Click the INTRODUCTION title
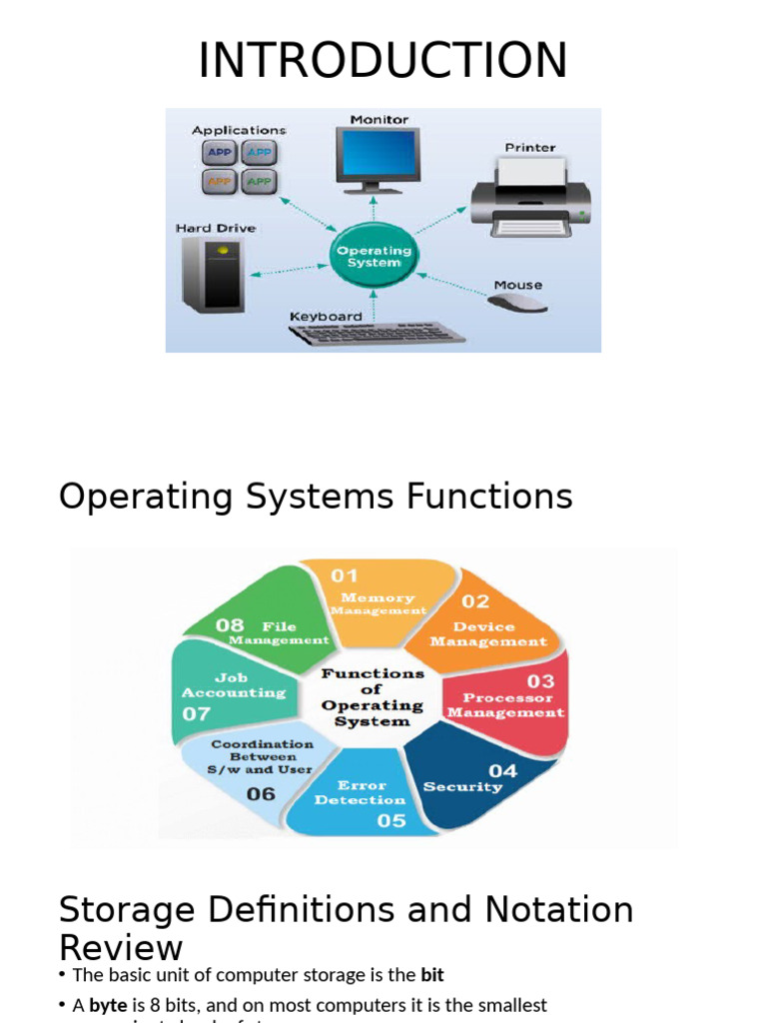pos(383,61)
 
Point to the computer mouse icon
pos(518,303)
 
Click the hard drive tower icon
pos(213,273)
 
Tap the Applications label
pos(239,130)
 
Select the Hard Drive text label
pos(216,229)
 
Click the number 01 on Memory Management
pos(345,576)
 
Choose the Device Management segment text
pos(488,634)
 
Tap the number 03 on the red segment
pos(540,681)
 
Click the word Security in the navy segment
pos(462,787)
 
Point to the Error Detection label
pos(361,792)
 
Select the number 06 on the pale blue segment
pos(261,794)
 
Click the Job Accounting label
pos(233,684)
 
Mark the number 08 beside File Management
pos(230,625)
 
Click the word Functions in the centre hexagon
pos(372,674)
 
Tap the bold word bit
pos(432,975)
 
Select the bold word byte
pos(108,1005)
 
